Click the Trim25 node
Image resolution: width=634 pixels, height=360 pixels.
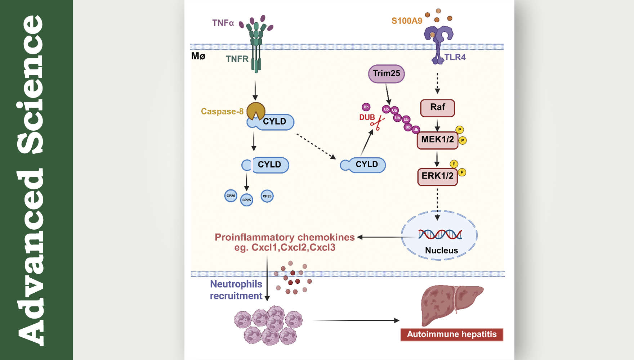(x=386, y=74)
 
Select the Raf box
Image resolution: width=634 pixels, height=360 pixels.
(x=437, y=108)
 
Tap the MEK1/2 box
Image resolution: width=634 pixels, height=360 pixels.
(x=437, y=140)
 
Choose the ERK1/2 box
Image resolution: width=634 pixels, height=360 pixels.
(x=437, y=176)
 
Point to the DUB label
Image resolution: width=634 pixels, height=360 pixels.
(x=367, y=117)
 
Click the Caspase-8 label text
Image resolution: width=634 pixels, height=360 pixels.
(x=222, y=112)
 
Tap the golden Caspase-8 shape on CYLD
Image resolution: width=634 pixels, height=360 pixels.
(x=255, y=110)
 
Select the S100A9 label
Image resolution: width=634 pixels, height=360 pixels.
(x=407, y=21)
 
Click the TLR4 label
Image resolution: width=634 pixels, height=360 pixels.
(x=455, y=57)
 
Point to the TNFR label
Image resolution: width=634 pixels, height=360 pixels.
(x=237, y=59)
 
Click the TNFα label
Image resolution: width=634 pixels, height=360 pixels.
(x=223, y=23)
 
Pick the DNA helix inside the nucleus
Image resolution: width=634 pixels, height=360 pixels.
(x=440, y=234)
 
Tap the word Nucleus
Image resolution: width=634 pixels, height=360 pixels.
(x=441, y=251)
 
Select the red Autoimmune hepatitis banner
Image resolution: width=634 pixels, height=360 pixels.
(x=452, y=334)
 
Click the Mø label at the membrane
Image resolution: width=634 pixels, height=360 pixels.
(x=198, y=56)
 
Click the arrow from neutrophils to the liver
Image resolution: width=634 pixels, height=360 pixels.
(x=357, y=320)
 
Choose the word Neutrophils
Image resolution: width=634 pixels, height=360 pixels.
(x=236, y=284)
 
